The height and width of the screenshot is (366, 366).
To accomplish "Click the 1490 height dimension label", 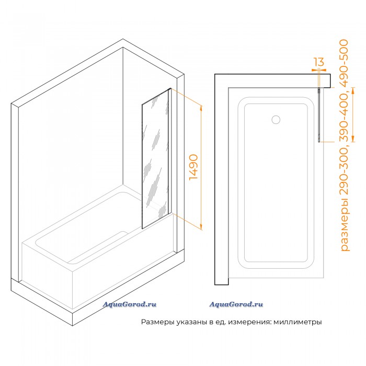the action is pos(194,167).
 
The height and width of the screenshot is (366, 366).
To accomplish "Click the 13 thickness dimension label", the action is pos(319,62).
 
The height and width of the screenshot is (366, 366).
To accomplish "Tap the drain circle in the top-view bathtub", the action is pos(276,120).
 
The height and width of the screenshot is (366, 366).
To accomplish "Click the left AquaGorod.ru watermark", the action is pos(129,304).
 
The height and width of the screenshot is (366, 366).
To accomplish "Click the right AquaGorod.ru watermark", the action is pos(236,304).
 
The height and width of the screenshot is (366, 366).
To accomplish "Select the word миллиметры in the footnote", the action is pos(298,322).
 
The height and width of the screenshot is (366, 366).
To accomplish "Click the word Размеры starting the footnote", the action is pos(157,322).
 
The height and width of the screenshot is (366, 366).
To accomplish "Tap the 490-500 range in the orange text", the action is pos(344,63).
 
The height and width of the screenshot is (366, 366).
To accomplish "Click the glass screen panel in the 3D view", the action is pos(155,159).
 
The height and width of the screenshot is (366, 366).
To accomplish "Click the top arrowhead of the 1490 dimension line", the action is pos(201,108).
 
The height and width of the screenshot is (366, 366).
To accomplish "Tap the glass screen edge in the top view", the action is pos(319,115).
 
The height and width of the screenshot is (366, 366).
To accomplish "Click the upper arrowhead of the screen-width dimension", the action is pos(353,90).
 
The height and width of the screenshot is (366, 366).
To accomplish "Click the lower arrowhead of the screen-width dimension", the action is pos(353,140).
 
